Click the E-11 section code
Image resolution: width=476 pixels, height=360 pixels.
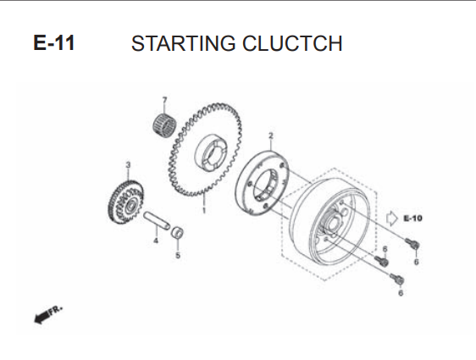coord(53,43)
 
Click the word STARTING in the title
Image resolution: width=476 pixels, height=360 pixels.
coord(183,43)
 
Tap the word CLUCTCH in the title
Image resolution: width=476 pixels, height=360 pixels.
coord(292,43)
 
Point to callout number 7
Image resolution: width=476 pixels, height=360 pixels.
coord(164,100)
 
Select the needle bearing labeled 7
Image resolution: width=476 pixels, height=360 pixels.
coord(164,125)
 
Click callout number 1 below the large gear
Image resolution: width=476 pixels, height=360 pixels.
coord(204,210)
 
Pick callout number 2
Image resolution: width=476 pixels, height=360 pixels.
coord(271,136)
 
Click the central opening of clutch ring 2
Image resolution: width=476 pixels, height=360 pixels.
coord(266,185)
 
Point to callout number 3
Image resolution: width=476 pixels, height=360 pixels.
coord(128,165)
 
